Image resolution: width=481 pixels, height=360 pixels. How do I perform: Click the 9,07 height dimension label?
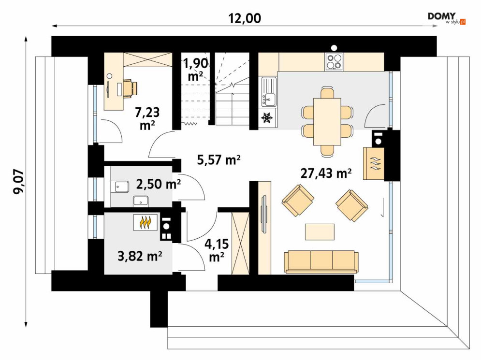18,182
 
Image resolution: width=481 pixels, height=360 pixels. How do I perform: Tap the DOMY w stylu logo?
447,18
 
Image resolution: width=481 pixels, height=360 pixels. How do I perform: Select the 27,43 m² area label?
326,173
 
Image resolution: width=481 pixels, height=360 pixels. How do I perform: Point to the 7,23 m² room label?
147,118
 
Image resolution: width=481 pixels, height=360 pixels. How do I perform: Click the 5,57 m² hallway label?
219,160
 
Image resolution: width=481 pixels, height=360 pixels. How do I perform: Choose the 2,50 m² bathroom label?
158,184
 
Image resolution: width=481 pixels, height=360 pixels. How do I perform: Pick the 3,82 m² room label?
140,256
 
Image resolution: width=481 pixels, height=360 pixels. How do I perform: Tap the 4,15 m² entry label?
217,250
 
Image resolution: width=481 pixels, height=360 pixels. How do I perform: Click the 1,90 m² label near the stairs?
195,70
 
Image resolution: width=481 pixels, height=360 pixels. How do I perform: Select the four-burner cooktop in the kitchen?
334,61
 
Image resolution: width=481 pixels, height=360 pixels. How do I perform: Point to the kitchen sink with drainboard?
269,92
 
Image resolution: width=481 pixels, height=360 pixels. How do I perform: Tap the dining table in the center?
327,121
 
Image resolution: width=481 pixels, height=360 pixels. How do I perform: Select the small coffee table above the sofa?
320,232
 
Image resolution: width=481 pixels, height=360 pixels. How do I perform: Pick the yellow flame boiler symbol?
146,222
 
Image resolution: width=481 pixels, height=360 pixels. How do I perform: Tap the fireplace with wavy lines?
374,163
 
